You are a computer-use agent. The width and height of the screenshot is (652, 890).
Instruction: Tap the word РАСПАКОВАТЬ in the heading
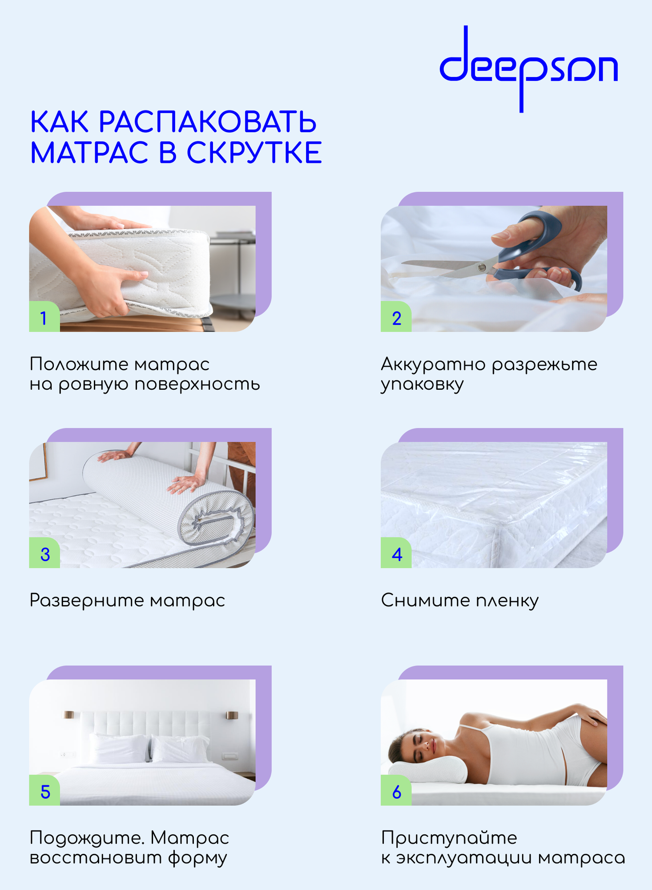pyautogui.click(x=208, y=122)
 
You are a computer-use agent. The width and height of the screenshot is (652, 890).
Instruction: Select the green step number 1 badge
pyautogui.click(x=44, y=316)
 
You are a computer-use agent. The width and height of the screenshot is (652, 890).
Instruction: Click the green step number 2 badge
pyautogui.click(x=396, y=316)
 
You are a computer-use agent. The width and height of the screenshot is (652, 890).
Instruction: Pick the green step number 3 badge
pyautogui.click(x=44, y=553)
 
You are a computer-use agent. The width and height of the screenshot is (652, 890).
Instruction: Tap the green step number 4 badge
pyautogui.click(x=396, y=553)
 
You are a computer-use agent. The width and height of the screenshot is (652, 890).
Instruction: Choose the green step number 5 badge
pyautogui.click(x=44, y=790)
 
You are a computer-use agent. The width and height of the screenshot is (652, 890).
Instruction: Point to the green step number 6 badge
pyautogui.click(x=396, y=790)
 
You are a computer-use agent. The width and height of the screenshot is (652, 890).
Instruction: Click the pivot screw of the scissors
pyautogui.click(x=481, y=267)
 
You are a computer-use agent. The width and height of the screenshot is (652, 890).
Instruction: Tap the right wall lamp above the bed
pyautogui.click(x=232, y=715)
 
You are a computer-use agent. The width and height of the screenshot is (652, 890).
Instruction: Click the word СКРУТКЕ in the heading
pyautogui.click(x=254, y=153)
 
